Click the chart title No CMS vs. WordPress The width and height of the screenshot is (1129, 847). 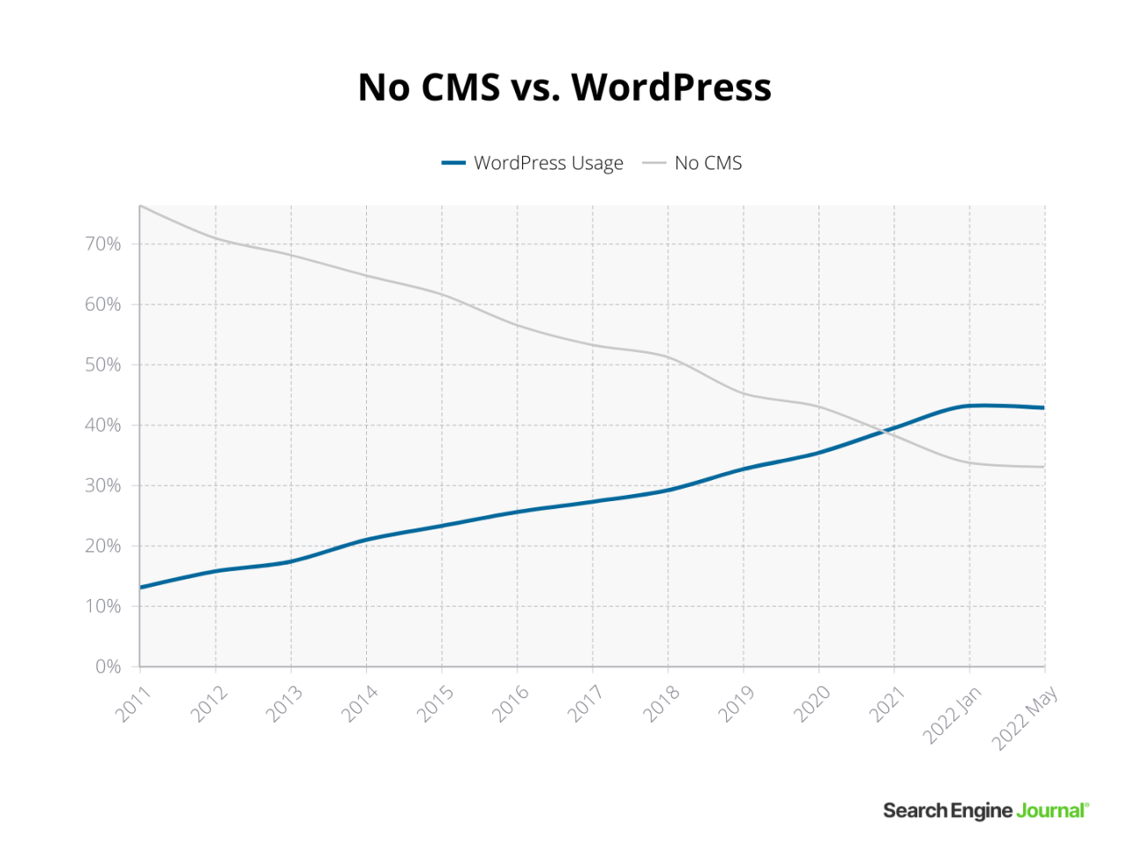pyautogui.click(x=564, y=87)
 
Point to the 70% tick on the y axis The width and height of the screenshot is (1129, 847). pyautogui.click(x=103, y=244)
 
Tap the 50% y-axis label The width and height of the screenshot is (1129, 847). pyautogui.click(x=103, y=364)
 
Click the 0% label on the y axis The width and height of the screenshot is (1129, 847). pyautogui.click(x=108, y=667)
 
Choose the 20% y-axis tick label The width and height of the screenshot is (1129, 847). pyautogui.click(x=103, y=546)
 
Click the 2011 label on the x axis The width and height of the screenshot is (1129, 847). pyautogui.click(x=133, y=704)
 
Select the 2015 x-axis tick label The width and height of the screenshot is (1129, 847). pyautogui.click(x=435, y=704)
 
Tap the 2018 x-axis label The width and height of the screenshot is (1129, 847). pyautogui.click(x=662, y=704)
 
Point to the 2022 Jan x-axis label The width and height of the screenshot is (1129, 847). pyautogui.click(x=951, y=716)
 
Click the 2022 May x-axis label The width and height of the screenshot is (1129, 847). pyautogui.click(x=1024, y=719)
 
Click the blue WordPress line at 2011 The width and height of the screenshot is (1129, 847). pyautogui.click(x=140, y=587)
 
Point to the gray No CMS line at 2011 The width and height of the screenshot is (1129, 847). pyautogui.click(x=140, y=206)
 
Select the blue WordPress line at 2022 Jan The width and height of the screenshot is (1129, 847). pyautogui.click(x=969, y=406)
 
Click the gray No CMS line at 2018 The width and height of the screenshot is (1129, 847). pyautogui.click(x=668, y=357)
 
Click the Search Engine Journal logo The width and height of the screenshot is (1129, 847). pyautogui.click(x=986, y=810)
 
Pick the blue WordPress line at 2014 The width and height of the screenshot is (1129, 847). pyautogui.click(x=366, y=539)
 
